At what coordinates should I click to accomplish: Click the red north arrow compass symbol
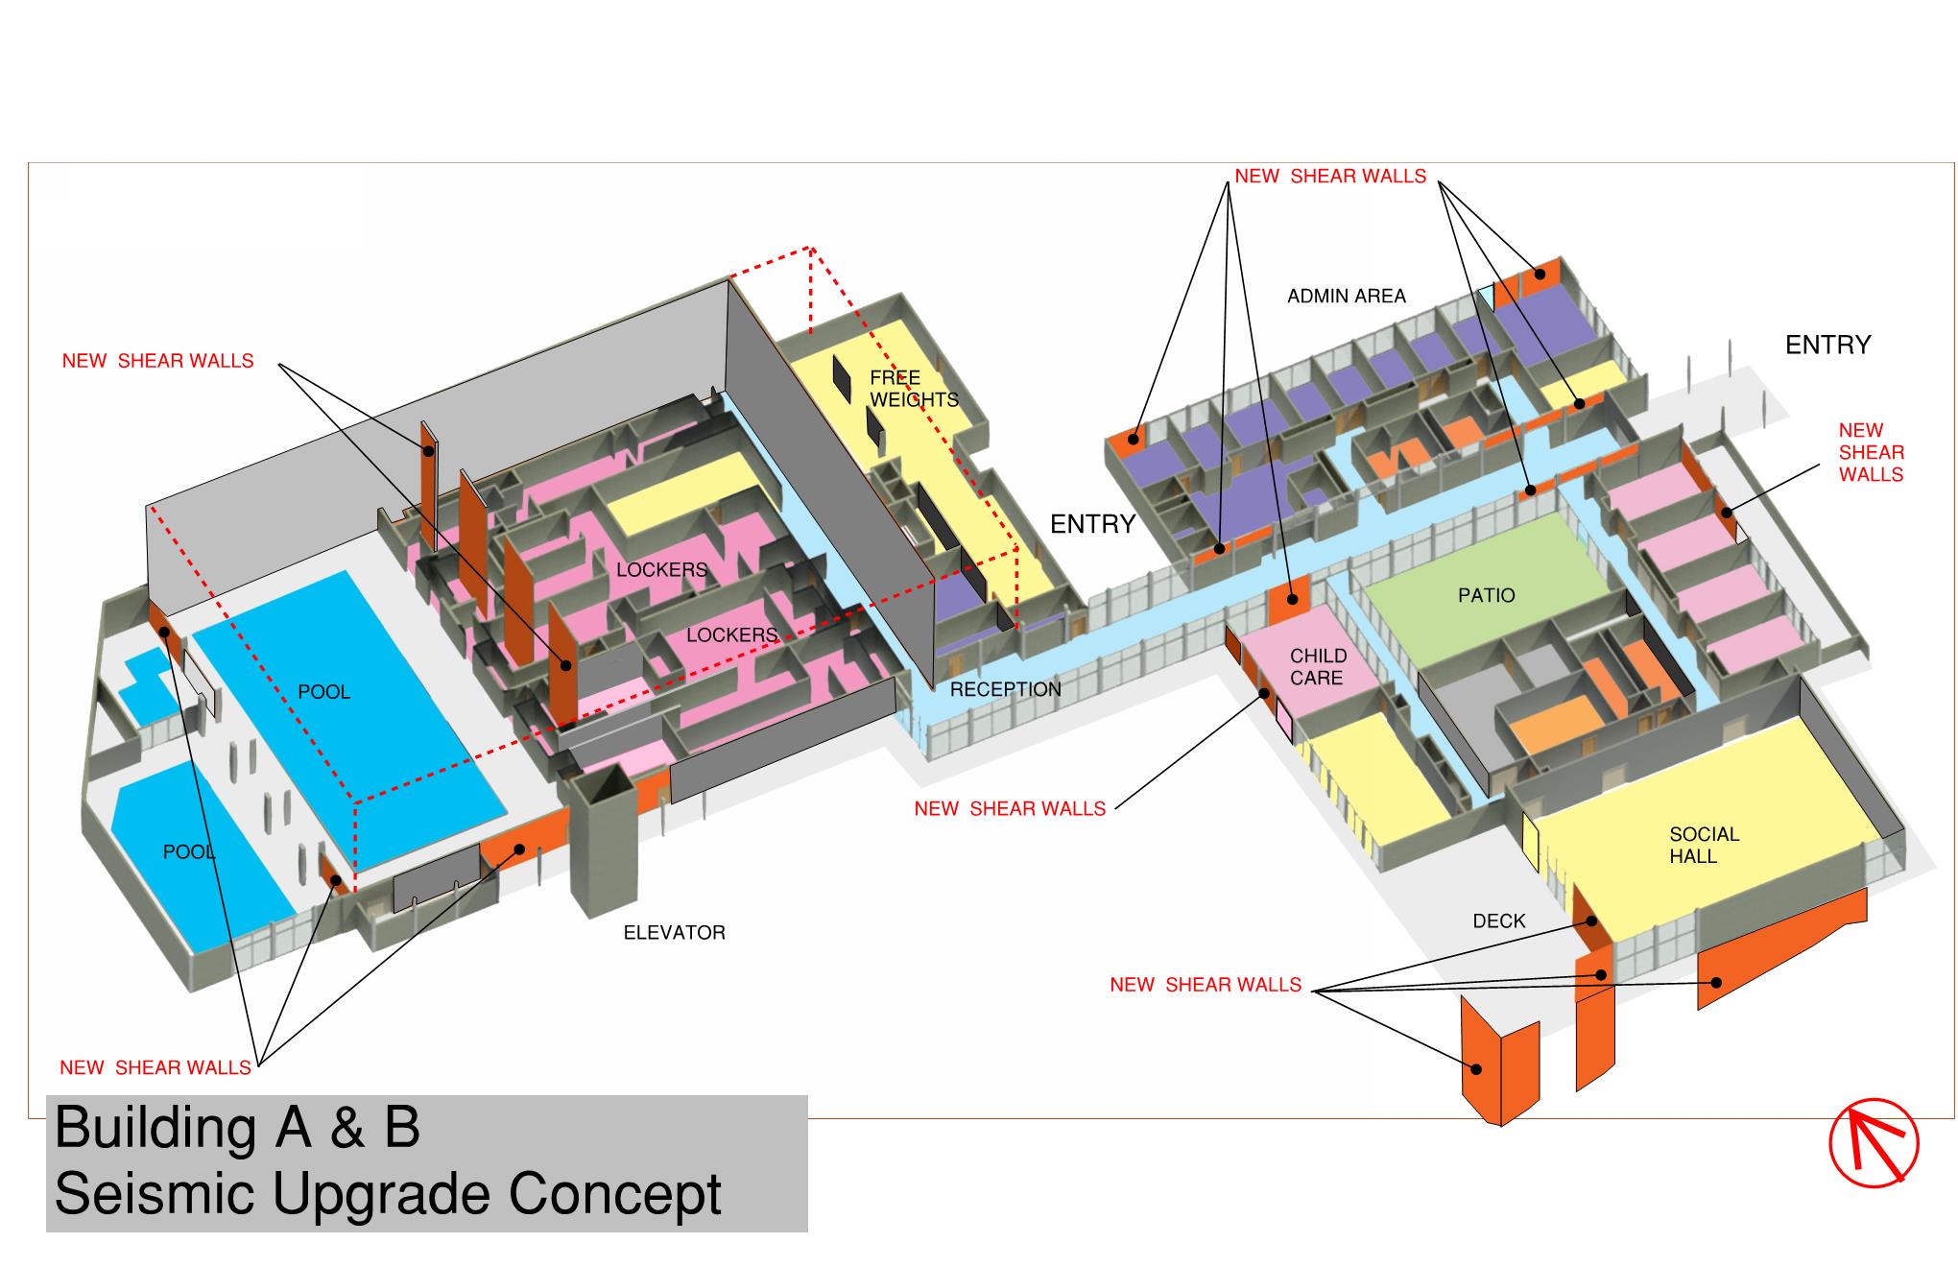[1874, 1142]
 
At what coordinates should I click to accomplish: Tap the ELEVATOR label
[675, 932]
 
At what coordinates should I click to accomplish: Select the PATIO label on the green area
[1487, 595]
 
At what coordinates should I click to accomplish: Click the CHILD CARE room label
[1318, 666]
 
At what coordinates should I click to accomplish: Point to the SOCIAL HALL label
[1704, 845]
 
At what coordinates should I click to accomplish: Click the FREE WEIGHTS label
[914, 389]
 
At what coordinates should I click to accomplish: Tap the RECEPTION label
[1006, 689]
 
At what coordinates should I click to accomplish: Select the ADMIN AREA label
[1347, 297]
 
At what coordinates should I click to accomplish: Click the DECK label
[1499, 921]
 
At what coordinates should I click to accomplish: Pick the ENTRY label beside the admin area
[1828, 345]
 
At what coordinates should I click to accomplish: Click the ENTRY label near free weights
[1093, 524]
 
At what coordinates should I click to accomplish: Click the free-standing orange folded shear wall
[1499, 1061]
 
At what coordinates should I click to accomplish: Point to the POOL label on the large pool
[324, 692]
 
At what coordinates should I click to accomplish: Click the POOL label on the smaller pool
[189, 852]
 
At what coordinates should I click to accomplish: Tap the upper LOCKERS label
[662, 570]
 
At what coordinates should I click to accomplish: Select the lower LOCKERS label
[731, 635]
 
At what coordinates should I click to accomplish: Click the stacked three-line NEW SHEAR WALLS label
[1872, 452]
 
